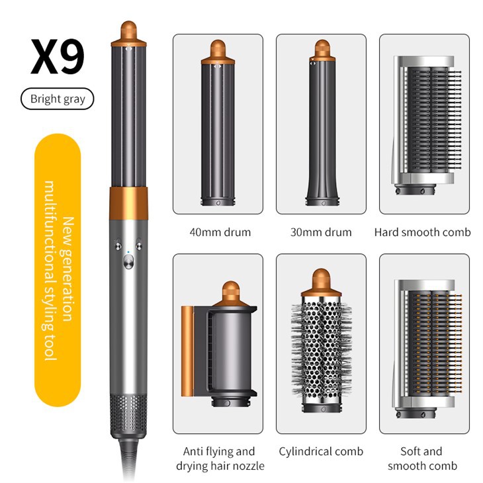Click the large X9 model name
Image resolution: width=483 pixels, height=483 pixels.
[58, 57]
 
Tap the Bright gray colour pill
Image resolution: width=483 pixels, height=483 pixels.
[58, 99]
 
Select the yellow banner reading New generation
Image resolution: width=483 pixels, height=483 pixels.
[58, 270]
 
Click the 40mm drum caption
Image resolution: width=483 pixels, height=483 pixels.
[220, 232]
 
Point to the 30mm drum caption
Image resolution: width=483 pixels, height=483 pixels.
[321, 232]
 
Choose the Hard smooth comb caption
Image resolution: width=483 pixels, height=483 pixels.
[423, 232]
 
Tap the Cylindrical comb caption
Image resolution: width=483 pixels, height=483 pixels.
[321, 451]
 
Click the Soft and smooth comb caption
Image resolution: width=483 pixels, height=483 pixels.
[422, 459]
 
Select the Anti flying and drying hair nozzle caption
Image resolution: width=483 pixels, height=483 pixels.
[220, 459]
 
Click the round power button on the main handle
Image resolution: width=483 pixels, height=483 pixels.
[128, 263]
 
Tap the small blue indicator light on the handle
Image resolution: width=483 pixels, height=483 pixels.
[128, 252]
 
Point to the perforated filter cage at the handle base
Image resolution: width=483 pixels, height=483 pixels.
[128, 415]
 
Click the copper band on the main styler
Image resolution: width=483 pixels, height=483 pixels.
[128, 202]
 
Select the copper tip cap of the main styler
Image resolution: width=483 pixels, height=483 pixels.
[128, 33]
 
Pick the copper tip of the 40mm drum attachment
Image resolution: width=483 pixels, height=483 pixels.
[218, 52]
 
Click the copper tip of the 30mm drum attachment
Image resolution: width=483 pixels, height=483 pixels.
[322, 50]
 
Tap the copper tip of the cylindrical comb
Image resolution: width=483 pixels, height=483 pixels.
[321, 283]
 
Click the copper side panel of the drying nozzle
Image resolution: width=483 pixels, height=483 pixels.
[187, 351]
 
